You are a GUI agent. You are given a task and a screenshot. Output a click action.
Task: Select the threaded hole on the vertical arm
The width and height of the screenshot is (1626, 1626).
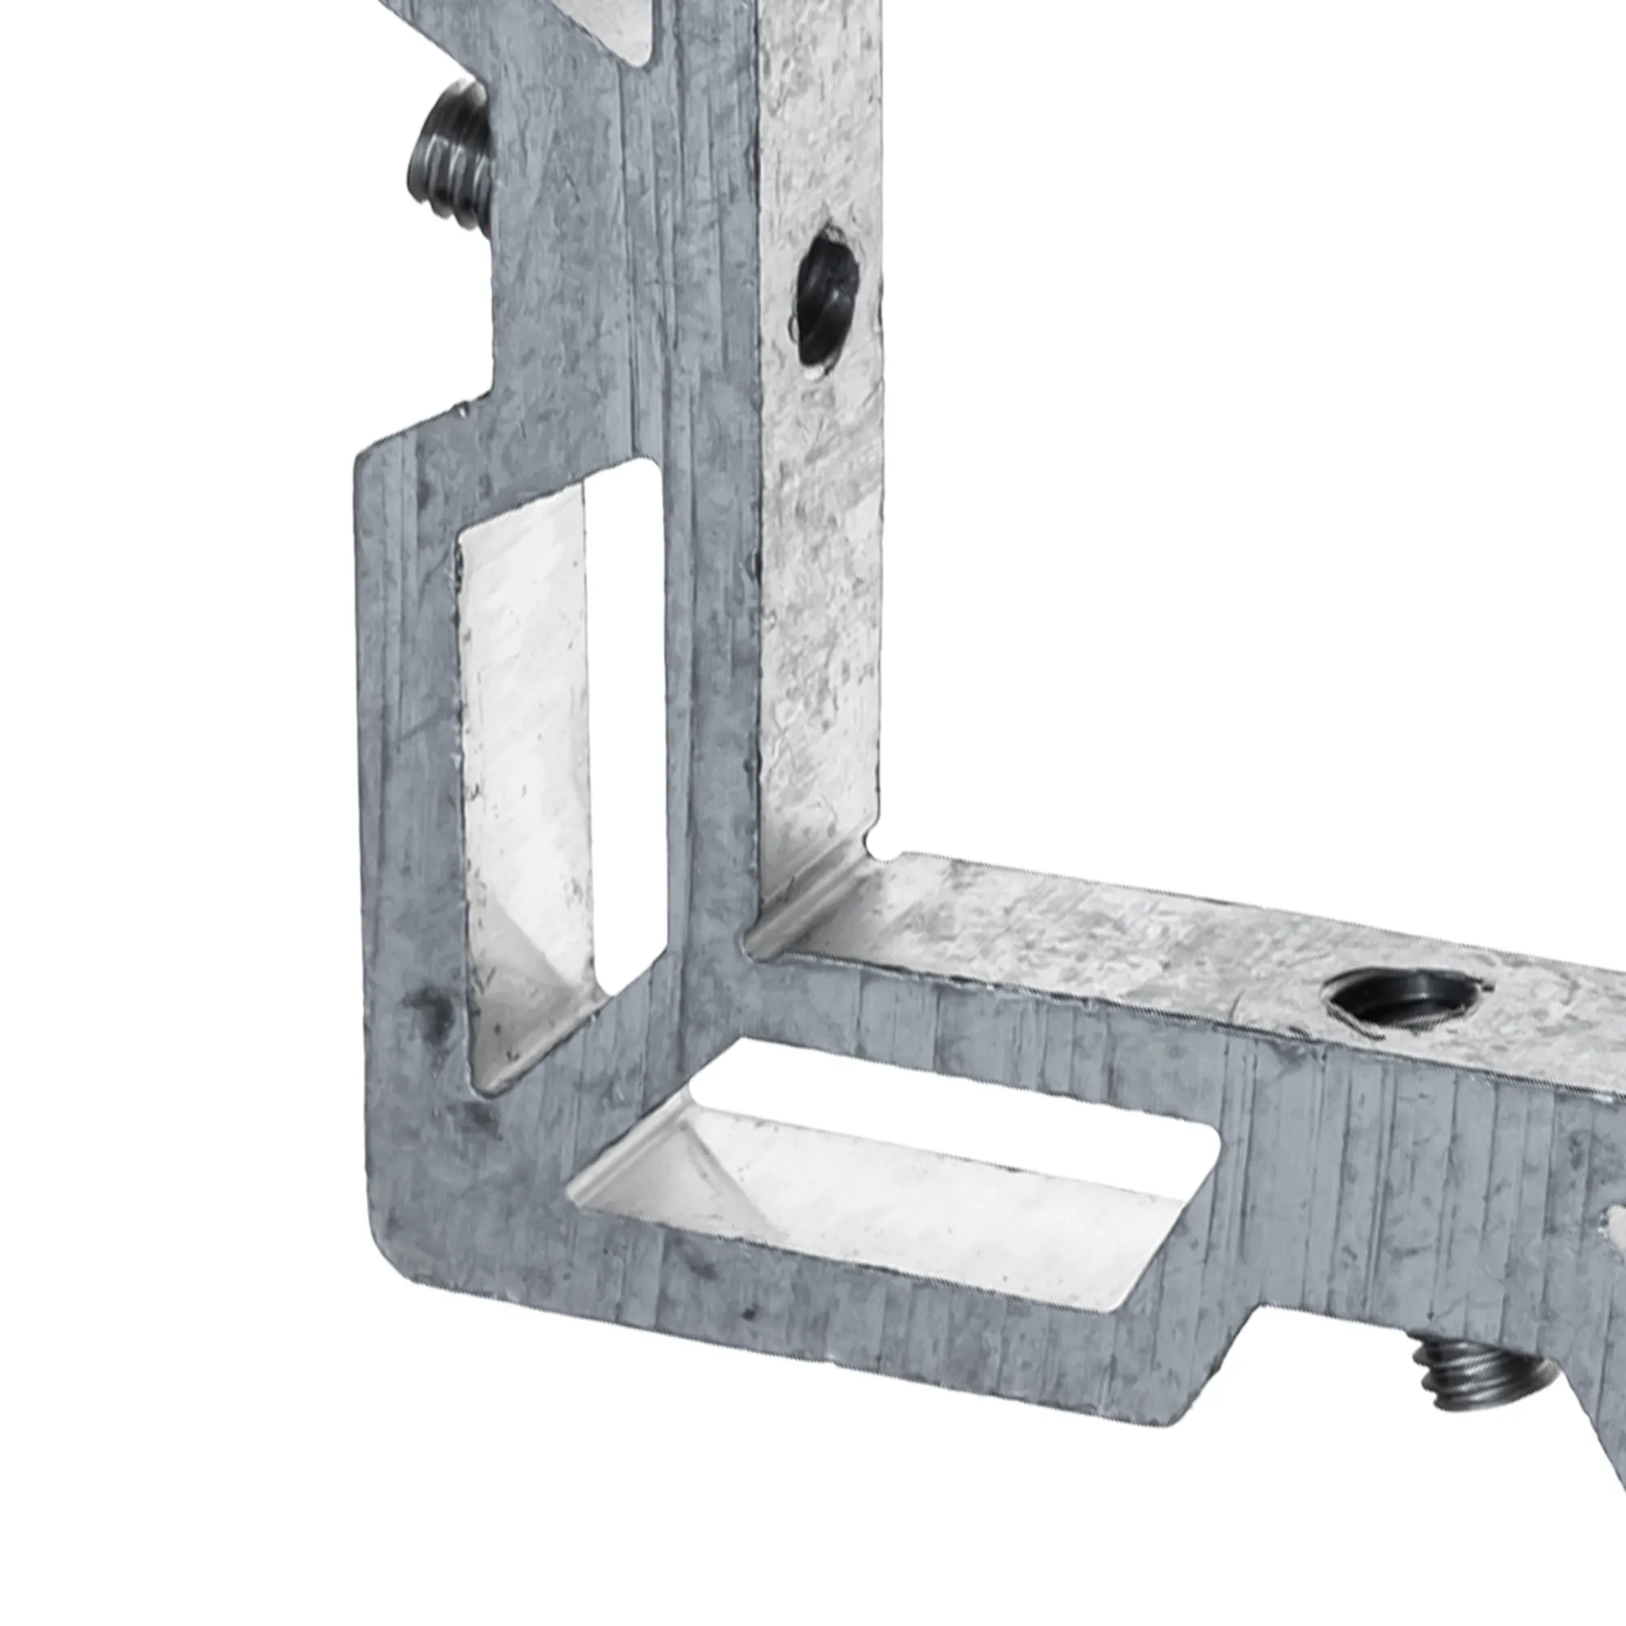(827, 294)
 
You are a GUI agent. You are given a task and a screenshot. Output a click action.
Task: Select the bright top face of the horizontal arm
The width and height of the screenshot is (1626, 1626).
(1137, 934)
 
